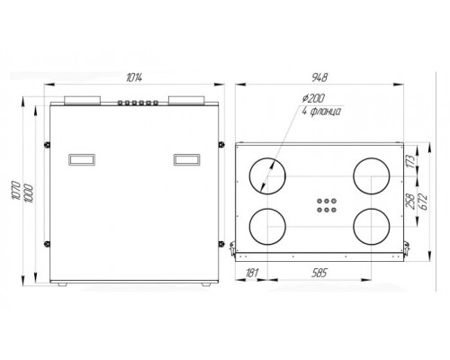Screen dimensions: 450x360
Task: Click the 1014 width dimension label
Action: point(134,77)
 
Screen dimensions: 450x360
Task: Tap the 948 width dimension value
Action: point(319,77)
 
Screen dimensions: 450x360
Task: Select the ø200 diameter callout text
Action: point(313,98)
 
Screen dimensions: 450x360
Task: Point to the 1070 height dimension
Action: point(15,190)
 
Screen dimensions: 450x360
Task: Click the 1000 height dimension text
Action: point(29,193)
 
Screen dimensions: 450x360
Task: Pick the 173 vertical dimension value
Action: point(411,161)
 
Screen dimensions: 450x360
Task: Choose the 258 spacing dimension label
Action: point(410,201)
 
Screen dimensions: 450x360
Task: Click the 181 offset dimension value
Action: point(252,273)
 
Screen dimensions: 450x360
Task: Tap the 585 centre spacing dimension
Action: point(319,273)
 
